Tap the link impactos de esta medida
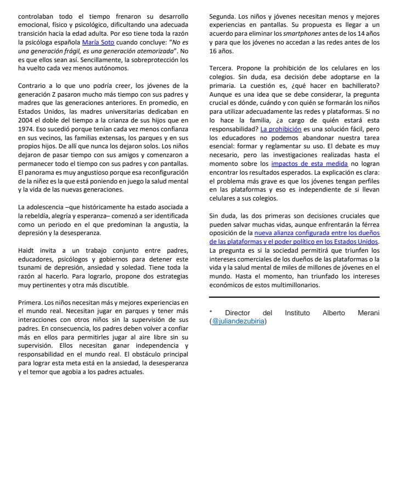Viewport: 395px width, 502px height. (x=309, y=164)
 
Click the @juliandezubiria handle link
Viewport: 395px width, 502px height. (x=239, y=321)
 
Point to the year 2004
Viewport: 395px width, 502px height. (x=27, y=120)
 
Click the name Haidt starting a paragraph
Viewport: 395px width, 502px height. (x=27, y=250)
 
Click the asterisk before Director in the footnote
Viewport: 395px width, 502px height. (x=211, y=313)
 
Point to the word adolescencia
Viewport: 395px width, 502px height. (x=46, y=207)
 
